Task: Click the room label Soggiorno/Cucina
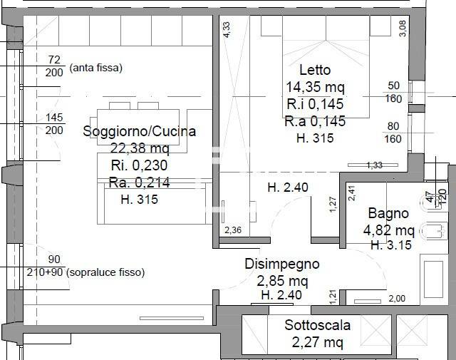[139, 131]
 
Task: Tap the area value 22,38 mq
[139, 148]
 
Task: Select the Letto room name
[314, 71]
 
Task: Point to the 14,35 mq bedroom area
[314, 88]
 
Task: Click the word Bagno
[388, 213]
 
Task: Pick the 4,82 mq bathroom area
[388, 230]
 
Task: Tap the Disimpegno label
[282, 263]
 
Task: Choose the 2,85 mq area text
[282, 279]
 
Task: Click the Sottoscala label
[318, 325]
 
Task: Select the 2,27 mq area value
[318, 342]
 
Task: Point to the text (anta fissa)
[96, 68]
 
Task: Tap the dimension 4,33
[227, 29]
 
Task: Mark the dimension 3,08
[403, 29]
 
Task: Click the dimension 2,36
[233, 230]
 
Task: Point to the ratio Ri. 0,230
[139, 165]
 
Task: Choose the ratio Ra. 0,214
[139, 182]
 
